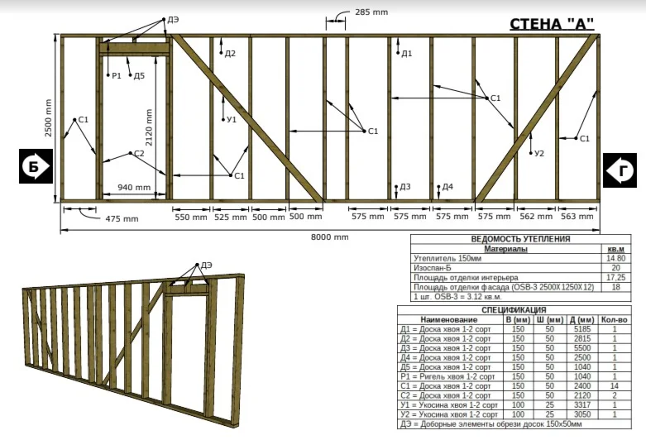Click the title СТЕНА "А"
tap(552, 24)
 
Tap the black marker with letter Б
tap(34, 166)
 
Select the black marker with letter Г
tap(619, 170)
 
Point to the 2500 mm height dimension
tap(49, 117)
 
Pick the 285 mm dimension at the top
tap(371, 12)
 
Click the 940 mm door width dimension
tap(134, 188)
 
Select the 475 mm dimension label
tap(122, 218)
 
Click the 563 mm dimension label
tap(577, 216)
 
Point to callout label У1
tap(232, 120)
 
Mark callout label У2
tap(539, 153)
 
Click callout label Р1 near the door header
tap(117, 75)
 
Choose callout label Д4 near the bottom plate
tap(447, 188)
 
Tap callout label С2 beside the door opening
tap(138, 154)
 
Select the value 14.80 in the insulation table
tap(615, 258)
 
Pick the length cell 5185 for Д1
tap(581, 329)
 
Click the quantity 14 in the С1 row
tap(615, 385)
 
